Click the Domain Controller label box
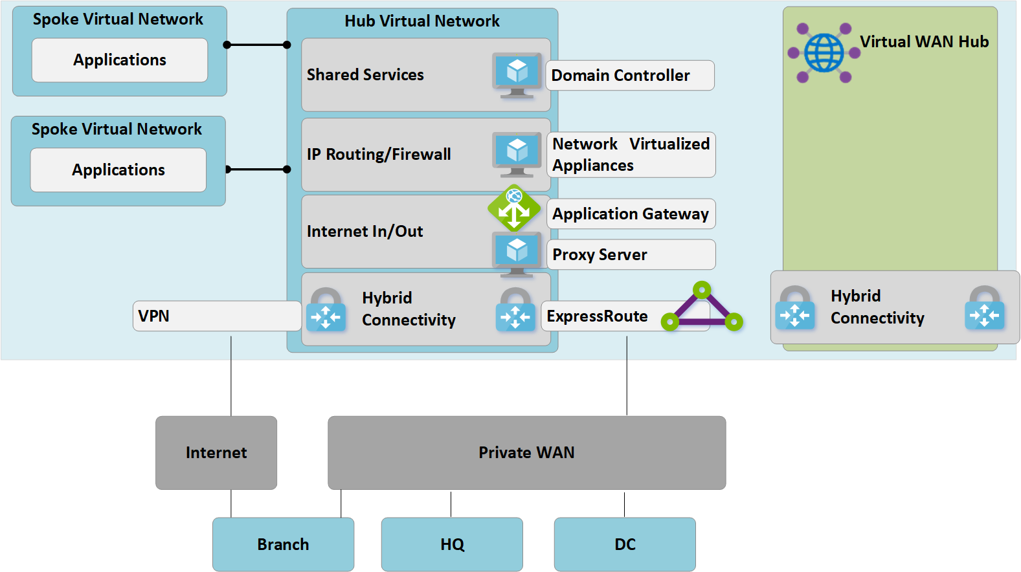point(629,76)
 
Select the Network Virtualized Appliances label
point(631,155)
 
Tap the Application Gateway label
point(631,214)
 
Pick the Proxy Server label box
point(631,255)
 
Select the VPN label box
point(216,316)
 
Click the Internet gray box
point(216,452)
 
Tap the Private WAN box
point(526,452)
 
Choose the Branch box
point(283,544)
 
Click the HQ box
point(452,544)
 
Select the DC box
point(625,544)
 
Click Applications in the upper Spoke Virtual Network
point(120,60)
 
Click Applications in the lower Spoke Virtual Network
point(118,170)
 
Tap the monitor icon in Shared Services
point(517,74)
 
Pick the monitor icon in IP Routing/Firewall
point(517,154)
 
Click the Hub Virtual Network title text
point(422,21)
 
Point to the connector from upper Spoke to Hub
point(257,45)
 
